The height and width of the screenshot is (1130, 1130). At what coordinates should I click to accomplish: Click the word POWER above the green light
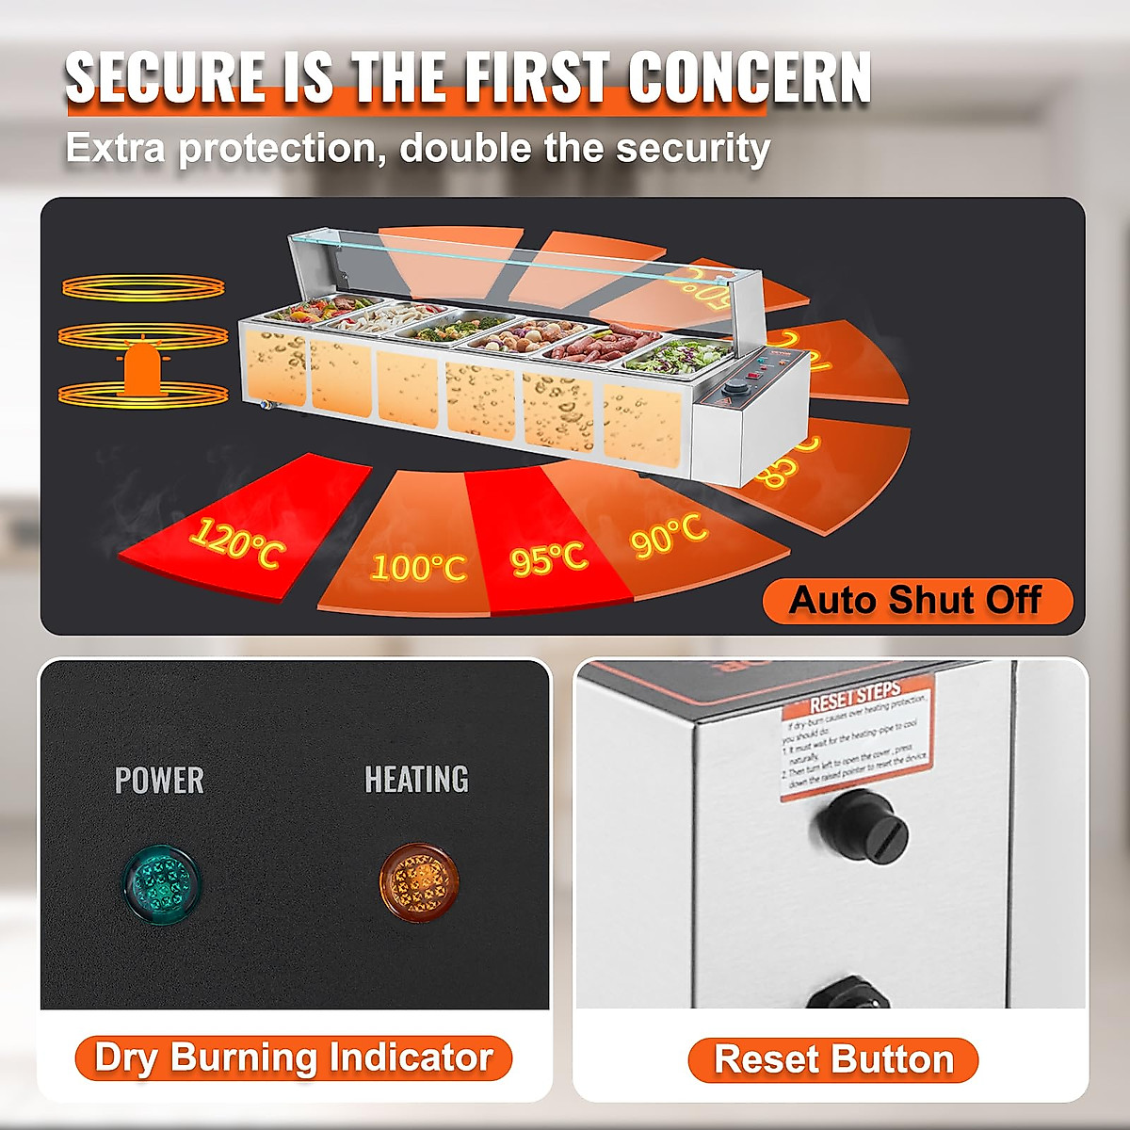tap(159, 780)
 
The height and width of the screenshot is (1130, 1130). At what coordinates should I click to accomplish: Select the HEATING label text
tap(416, 779)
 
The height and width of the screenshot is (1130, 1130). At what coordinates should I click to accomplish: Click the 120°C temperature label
tap(236, 543)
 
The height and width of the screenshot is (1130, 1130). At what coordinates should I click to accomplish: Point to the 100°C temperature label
tap(418, 567)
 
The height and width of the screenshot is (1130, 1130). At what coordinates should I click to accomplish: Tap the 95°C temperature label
tap(549, 557)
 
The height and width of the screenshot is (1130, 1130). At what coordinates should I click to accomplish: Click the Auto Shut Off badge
tap(916, 600)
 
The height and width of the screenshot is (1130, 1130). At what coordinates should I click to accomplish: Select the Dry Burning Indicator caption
tap(294, 1057)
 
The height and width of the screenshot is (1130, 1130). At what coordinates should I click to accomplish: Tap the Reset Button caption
tap(834, 1059)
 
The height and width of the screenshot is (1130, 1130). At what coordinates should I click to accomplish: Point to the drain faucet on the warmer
tap(266, 406)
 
